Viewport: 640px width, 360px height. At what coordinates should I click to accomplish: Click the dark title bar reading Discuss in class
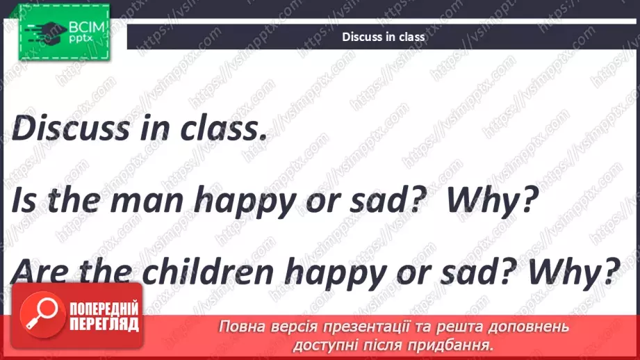(x=383, y=37)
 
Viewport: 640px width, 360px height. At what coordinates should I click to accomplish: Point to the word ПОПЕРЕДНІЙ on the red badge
(x=104, y=309)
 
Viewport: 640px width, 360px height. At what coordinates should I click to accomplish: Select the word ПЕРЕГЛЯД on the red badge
(x=104, y=324)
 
